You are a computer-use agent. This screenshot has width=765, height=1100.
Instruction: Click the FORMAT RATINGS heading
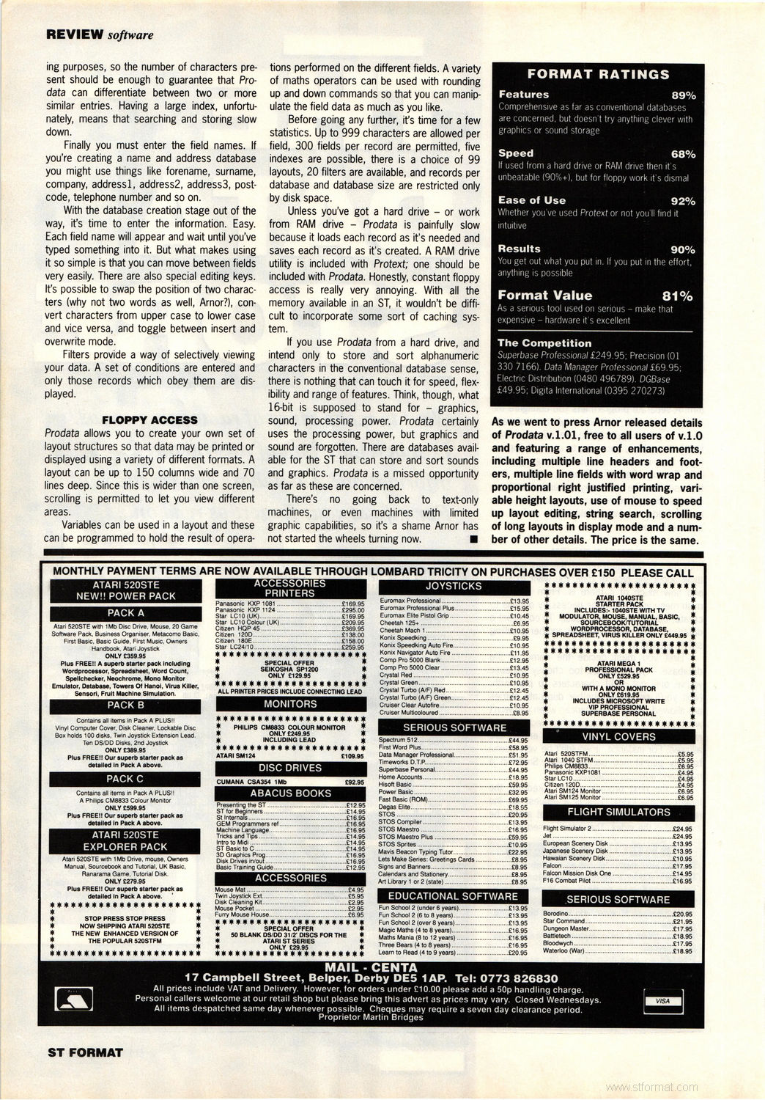point(598,74)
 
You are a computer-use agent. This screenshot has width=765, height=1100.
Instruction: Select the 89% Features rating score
point(683,95)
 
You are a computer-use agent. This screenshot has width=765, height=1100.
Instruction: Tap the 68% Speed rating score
point(683,154)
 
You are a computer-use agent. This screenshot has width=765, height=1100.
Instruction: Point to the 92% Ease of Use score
point(683,201)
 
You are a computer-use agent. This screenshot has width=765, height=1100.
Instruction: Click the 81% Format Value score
point(677,296)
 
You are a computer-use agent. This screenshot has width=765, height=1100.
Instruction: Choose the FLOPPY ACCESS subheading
point(149,420)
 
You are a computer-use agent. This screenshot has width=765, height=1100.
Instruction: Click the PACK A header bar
point(125,613)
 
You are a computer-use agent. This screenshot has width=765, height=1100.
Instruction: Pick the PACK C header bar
point(125,779)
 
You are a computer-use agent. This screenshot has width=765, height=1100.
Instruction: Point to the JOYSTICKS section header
point(454,586)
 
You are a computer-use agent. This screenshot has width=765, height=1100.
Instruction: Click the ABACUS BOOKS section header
point(290,793)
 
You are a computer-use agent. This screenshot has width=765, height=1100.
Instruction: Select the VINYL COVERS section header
point(618,736)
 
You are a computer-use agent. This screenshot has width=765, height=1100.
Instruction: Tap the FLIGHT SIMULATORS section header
point(618,812)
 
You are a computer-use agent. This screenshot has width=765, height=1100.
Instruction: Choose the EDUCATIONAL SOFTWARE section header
point(453,896)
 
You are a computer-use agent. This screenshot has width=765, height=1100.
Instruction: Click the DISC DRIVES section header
point(290,768)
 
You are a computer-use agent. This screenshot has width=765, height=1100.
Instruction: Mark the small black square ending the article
point(474,540)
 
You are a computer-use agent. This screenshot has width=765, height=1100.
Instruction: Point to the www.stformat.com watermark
point(652,1088)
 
